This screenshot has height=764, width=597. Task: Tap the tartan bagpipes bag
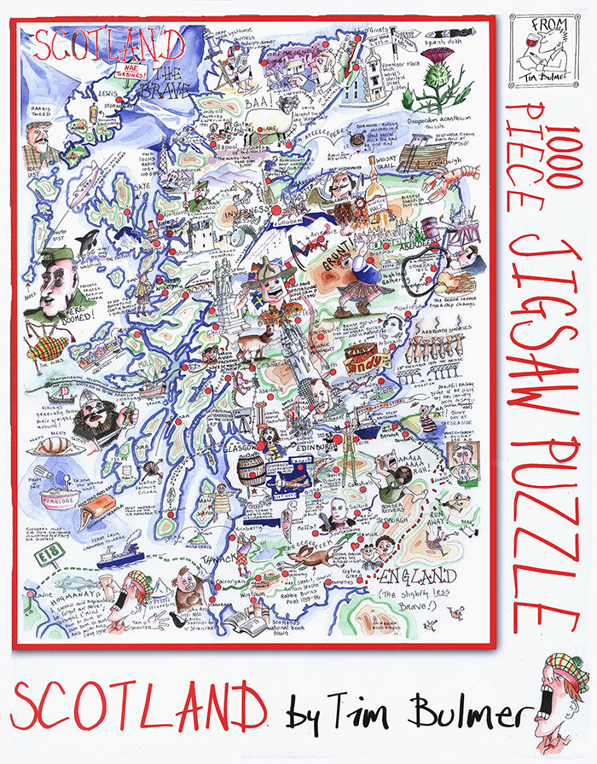pos(49,346)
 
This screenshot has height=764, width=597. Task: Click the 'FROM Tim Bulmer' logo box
pos(542,51)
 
